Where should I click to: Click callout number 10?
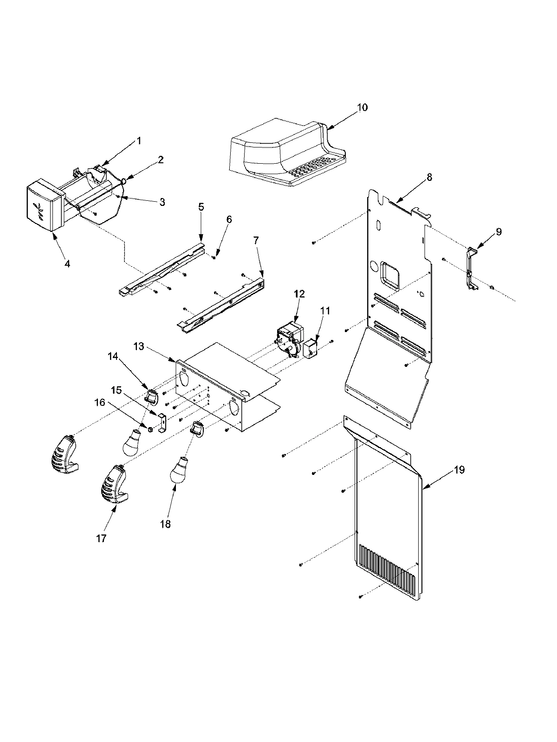(x=363, y=107)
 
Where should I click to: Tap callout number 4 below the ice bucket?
(x=67, y=263)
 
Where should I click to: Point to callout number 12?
(x=299, y=294)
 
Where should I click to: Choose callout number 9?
(x=498, y=232)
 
